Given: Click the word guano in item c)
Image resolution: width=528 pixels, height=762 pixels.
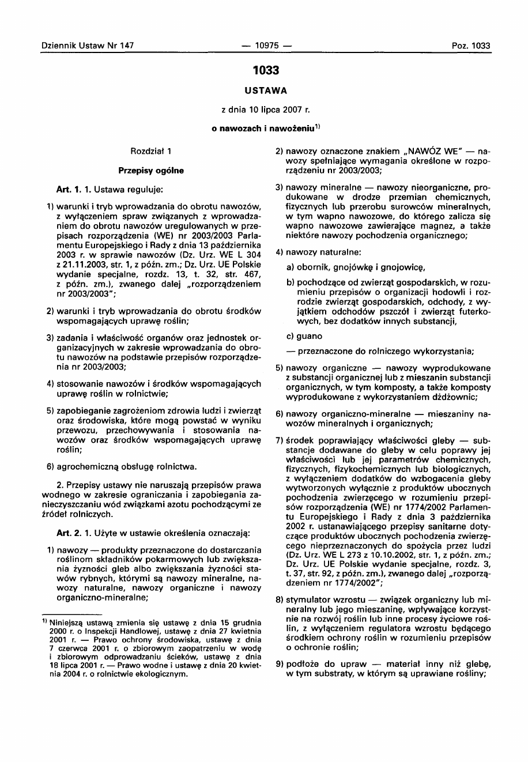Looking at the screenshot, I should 310,335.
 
